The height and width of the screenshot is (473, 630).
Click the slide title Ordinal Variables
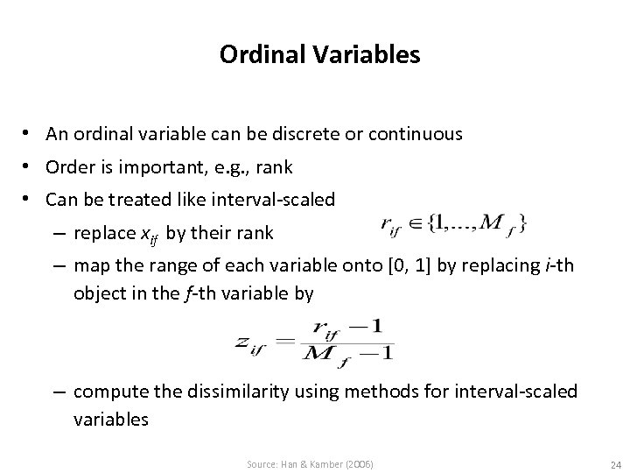pyautogui.click(x=319, y=56)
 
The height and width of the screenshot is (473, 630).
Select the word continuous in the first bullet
pyautogui.click(x=416, y=134)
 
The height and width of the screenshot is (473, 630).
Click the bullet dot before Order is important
pyautogui.click(x=31, y=166)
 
